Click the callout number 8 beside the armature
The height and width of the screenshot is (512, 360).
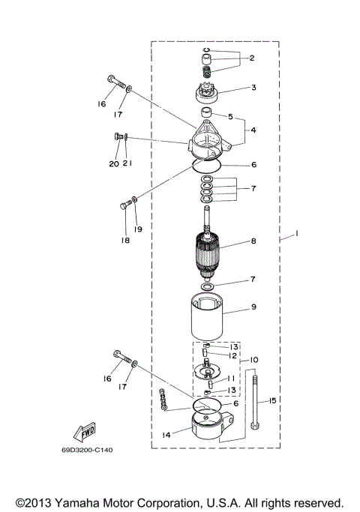pos(253,241)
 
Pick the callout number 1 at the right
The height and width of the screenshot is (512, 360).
pos(297,235)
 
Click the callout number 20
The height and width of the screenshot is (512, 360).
pos(113,163)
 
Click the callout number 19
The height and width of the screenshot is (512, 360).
pos(137,229)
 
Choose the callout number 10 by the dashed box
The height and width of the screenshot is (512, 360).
pos(253,360)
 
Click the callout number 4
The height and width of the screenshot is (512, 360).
pos(253,130)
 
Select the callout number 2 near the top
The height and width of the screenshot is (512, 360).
pos(252,58)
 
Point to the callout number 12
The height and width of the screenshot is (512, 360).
pos(233,355)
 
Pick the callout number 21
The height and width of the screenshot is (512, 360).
pos(129,163)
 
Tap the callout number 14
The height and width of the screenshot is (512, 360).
pos(165,434)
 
